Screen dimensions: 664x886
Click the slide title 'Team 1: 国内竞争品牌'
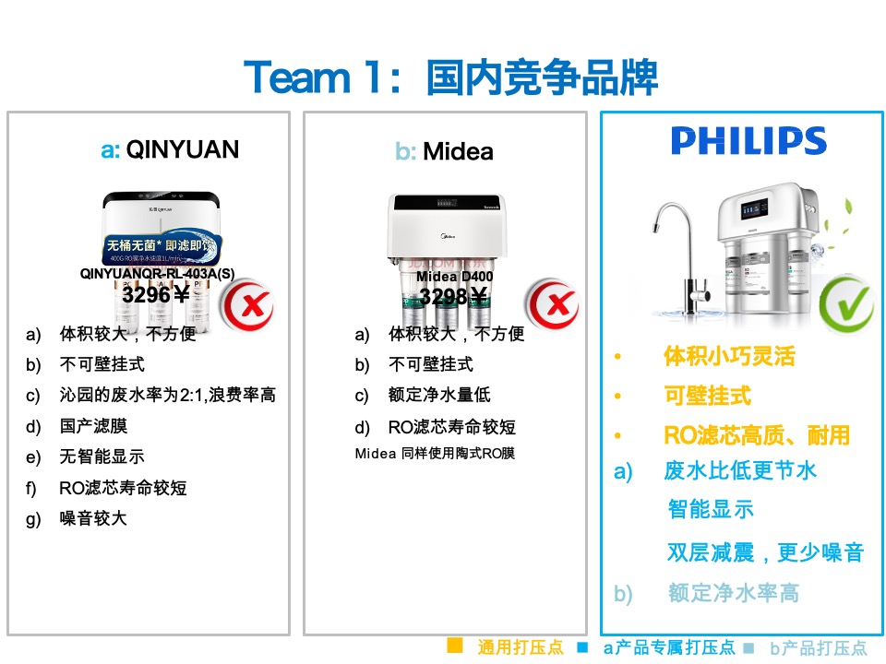click(x=450, y=77)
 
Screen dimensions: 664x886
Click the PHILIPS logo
click(x=748, y=141)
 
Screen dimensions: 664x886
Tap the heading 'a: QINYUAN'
click(x=170, y=149)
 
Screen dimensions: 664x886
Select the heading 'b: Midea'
click(x=444, y=151)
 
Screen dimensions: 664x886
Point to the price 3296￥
click(x=155, y=295)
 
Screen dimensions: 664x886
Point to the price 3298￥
click(x=453, y=296)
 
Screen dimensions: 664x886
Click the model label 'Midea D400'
click(x=454, y=276)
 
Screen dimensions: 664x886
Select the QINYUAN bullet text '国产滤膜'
click(x=93, y=426)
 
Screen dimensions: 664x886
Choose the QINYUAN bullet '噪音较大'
click(x=93, y=518)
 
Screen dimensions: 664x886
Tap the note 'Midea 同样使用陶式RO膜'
click(x=435, y=453)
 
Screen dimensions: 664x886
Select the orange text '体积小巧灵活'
click(x=729, y=356)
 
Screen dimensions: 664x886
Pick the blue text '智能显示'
click(x=711, y=508)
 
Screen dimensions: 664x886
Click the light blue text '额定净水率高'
click(x=734, y=593)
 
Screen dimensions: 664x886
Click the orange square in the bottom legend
click(x=454, y=646)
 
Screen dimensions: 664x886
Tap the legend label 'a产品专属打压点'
click(x=668, y=647)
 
